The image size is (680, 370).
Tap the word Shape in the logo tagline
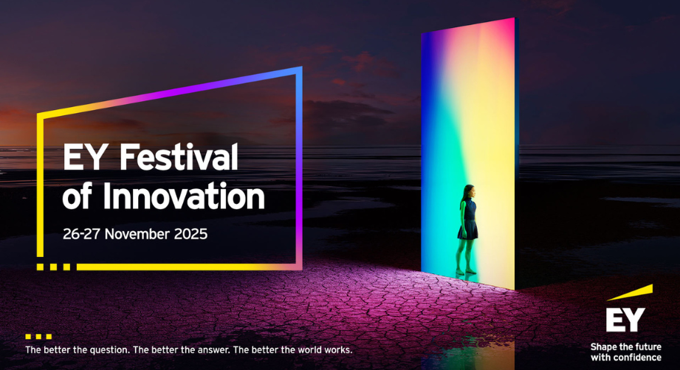[605, 347]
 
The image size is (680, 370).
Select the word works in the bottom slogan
[337, 349]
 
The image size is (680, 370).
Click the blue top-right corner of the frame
[299, 70]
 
